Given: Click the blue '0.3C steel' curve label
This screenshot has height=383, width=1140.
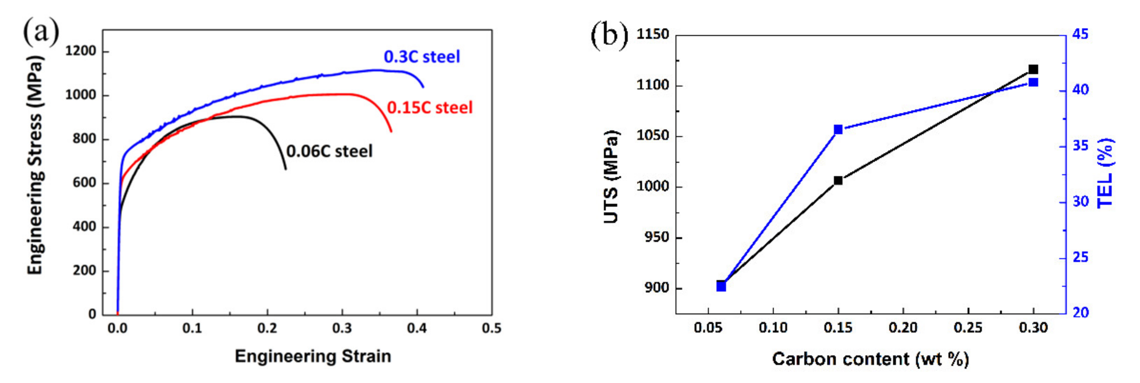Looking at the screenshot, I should click(421, 57).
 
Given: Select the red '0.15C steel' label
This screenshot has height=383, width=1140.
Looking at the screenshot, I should click(430, 108).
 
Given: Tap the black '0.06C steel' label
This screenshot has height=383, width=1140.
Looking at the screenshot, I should click(329, 151).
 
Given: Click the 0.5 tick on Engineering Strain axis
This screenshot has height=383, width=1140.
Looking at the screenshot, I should click(492, 328).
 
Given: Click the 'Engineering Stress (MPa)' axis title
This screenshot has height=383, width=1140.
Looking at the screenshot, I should click(35, 165).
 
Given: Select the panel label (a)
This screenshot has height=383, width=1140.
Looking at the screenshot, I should click(41, 32).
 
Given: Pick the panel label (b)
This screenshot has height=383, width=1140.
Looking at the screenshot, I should click(610, 35).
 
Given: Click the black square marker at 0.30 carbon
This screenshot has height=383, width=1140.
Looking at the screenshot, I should click(1033, 70).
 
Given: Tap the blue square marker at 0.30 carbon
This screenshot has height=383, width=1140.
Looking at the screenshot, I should click(1033, 82).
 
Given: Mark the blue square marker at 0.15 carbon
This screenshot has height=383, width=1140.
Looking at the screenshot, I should click(838, 130).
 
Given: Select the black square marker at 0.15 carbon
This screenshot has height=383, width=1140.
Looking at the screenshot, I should click(838, 180).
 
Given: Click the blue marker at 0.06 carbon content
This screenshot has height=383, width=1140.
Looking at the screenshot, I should click(721, 287).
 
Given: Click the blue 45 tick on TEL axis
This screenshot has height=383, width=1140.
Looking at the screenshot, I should click(1080, 35).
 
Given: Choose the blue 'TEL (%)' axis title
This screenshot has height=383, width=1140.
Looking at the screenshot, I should click(1105, 173).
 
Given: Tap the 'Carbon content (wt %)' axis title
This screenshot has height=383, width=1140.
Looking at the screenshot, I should click(870, 359).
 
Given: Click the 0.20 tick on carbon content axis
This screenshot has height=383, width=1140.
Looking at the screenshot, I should click(903, 328).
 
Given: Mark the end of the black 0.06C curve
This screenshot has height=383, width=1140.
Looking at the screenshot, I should click(285, 169).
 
